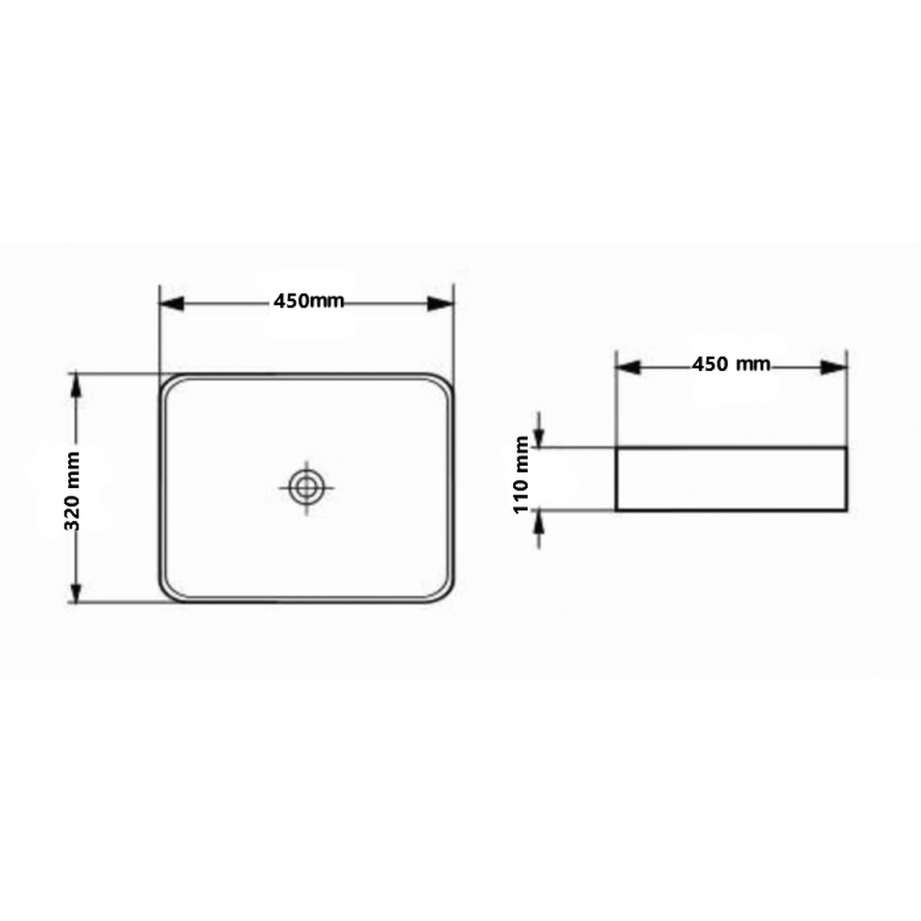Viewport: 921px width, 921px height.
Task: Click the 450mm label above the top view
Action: [x=309, y=301]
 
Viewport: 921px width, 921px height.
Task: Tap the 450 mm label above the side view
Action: [x=730, y=364]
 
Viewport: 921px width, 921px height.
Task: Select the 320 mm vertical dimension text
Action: [x=72, y=491]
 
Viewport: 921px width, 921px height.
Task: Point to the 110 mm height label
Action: [x=521, y=474]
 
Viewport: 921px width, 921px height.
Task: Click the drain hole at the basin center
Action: [x=306, y=487]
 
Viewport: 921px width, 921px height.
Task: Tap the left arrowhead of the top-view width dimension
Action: [x=172, y=304]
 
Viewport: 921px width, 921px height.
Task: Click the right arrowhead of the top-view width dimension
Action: [x=440, y=304]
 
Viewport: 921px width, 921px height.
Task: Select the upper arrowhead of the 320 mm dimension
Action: [x=76, y=385]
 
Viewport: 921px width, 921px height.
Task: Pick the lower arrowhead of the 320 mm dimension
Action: [x=76, y=591]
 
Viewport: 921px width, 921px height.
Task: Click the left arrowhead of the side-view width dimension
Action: [x=628, y=367]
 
